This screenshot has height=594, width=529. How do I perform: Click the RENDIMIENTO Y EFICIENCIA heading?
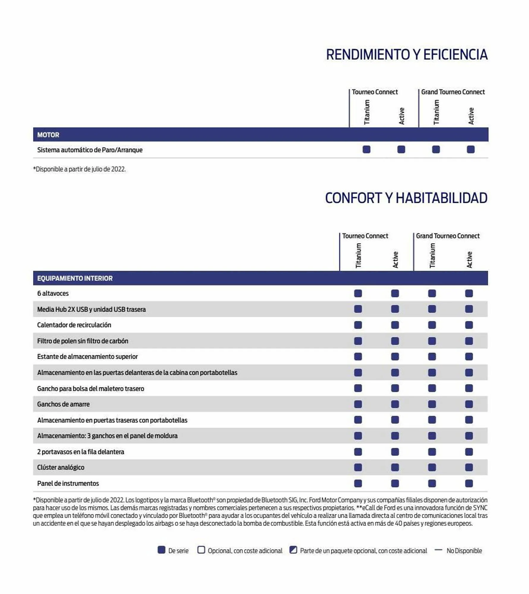pos(406,55)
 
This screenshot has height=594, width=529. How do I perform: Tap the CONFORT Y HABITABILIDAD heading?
pos(406,198)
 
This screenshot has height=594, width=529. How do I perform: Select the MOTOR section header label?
pos(48,135)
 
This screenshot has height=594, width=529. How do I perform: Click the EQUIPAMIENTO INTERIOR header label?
pos(75,278)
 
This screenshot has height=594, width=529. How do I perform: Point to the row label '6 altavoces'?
pos(53,293)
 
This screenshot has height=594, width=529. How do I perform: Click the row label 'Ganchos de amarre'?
pos(63,404)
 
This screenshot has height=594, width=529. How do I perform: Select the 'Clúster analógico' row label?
pos(61,467)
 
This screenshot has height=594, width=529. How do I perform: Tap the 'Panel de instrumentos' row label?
pos(68,484)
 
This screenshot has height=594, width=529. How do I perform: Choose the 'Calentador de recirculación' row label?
pos(74,325)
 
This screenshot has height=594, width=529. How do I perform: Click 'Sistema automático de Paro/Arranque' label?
pos(90,150)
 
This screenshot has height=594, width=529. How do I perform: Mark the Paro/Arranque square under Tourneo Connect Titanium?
pos(366,149)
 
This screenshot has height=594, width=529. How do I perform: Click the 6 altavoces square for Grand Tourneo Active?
pos(469,293)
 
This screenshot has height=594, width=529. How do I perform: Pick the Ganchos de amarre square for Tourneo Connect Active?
pos(395,404)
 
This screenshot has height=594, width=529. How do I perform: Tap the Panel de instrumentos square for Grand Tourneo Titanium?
pos(432,484)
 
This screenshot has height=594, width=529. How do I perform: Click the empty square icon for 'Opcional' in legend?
pos(201,550)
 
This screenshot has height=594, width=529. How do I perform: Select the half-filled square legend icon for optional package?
pos(293,550)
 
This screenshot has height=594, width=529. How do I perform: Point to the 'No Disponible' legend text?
pos(464,551)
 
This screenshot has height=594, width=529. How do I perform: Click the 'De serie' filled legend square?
pos(161,550)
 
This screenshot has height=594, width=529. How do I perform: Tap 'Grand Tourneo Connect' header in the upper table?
pos(453,92)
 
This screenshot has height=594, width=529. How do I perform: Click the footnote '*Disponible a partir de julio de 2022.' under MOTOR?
pos(79,169)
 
